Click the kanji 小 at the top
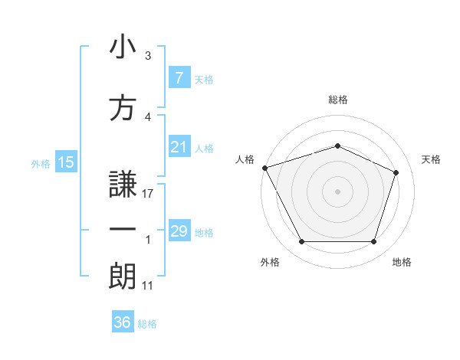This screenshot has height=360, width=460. [x=123, y=47]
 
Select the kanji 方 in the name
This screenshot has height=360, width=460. [x=123, y=109]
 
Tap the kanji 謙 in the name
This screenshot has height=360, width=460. [x=123, y=184]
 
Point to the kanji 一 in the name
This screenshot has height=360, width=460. [x=123, y=231]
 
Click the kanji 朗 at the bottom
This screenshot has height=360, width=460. [x=123, y=277]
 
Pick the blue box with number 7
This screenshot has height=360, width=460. [x=179, y=77]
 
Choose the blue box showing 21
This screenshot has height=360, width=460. [x=179, y=147]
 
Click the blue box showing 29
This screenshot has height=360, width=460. [x=179, y=231]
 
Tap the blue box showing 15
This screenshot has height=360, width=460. [x=65, y=162]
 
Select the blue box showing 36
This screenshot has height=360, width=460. [x=123, y=322]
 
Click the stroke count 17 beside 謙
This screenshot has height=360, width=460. [x=148, y=194]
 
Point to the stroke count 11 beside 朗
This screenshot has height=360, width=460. [x=148, y=286]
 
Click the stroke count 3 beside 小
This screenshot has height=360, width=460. [x=148, y=56]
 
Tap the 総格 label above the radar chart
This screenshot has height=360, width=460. [x=338, y=100]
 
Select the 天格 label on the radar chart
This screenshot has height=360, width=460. [x=432, y=159]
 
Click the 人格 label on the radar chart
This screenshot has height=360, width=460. [x=245, y=159]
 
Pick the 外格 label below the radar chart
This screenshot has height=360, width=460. [x=270, y=262]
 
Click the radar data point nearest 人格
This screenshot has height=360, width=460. [x=264, y=168]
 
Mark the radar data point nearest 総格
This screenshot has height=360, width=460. [x=337, y=146]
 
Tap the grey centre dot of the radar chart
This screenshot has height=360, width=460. [x=337, y=191]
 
